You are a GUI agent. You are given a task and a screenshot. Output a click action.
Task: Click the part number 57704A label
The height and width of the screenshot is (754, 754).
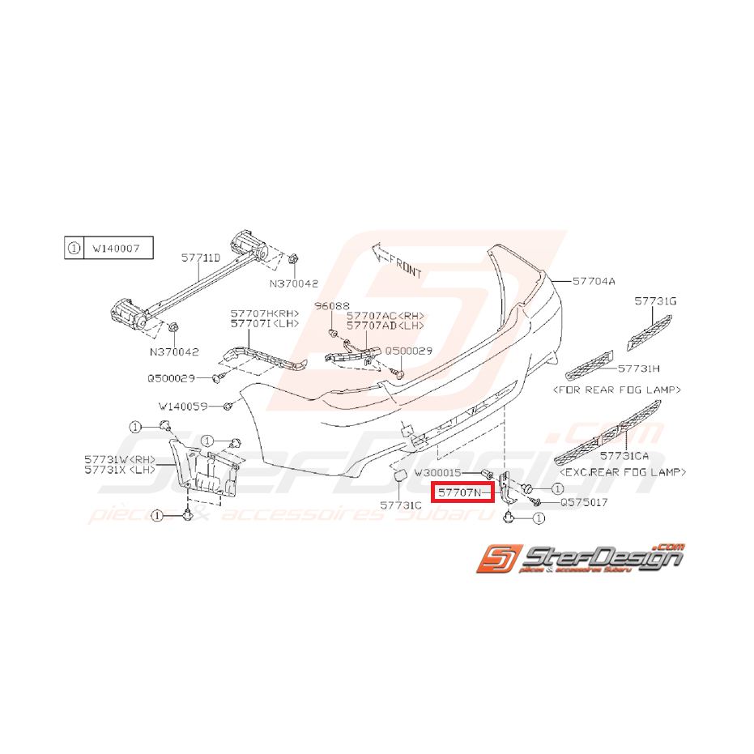click(x=594, y=281)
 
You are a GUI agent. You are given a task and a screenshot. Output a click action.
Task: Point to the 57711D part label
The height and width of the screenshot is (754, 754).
click(x=201, y=258)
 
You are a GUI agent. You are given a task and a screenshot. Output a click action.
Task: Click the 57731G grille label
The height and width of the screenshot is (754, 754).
click(x=655, y=301)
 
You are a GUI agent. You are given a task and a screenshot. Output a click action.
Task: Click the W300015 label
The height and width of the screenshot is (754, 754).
click(x=437, y=471)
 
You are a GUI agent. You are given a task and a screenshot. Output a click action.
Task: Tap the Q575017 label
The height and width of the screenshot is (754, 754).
click(x=583, y=502)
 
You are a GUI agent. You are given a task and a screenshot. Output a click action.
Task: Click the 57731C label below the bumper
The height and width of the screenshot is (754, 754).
click(x=403, y=504)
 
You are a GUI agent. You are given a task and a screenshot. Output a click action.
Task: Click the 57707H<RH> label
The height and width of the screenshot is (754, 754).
click(x=264, y=313)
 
